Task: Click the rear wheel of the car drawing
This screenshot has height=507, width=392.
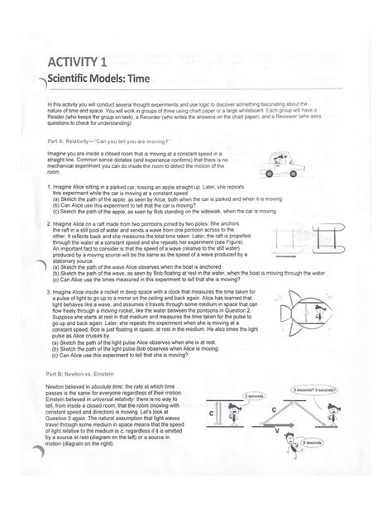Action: point(270,176)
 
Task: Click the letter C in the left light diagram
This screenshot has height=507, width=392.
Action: point(213,411)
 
